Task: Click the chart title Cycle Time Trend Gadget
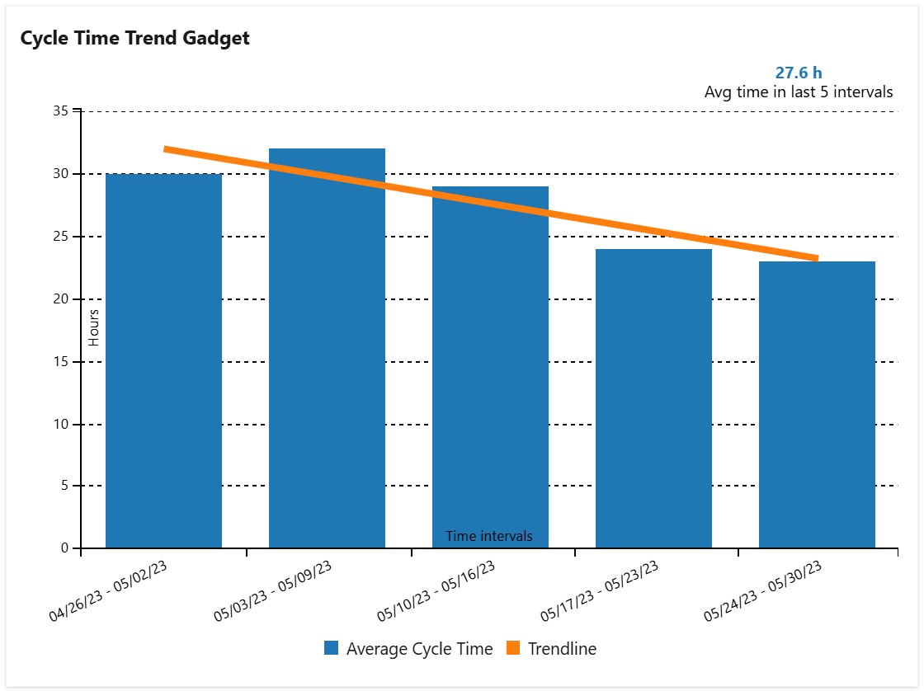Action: click(x=134, y=38)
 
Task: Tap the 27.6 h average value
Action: click(x=798, y=73)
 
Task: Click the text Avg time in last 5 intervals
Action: click(x=798, y=92)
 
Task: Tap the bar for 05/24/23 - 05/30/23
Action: click(x=817, y=404)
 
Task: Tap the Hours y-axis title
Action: click(x=94, y=327)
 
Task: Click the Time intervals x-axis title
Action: click(x=489, y=536)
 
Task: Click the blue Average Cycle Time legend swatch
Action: click(x=332, y=649)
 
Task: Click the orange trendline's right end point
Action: click(x=816, y=258)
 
